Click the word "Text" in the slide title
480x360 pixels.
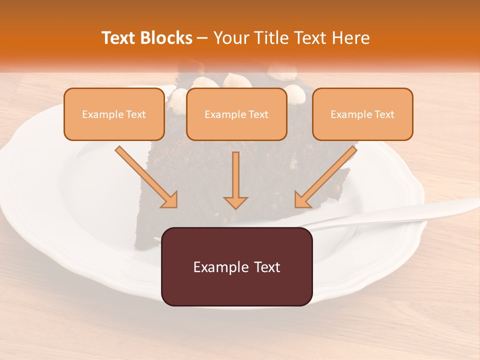117,38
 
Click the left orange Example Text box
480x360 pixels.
114,114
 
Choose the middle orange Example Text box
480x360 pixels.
236,114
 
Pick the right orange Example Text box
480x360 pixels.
362,114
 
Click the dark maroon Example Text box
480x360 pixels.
236,266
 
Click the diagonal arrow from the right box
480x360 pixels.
325,177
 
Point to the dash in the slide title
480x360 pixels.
202,38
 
